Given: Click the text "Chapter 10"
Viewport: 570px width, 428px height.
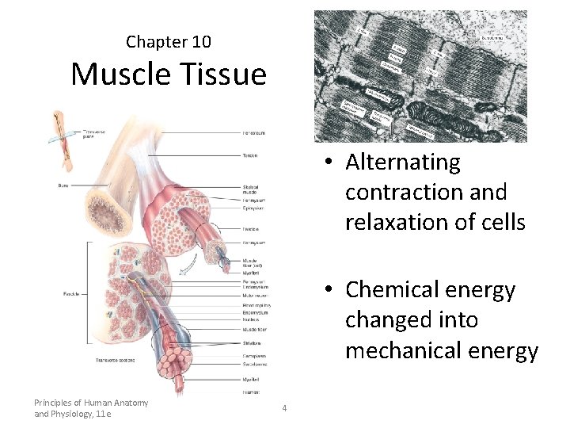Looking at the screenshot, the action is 168,41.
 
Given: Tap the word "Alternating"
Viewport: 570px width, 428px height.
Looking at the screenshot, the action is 403,162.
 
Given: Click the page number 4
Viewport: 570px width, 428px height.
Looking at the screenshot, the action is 284,408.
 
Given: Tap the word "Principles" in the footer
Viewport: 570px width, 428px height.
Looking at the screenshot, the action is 55,403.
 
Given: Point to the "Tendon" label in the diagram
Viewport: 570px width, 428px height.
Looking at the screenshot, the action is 250,155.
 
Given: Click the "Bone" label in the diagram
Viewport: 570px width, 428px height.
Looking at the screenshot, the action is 64,185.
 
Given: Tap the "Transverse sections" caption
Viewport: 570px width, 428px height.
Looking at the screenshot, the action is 115,361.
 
